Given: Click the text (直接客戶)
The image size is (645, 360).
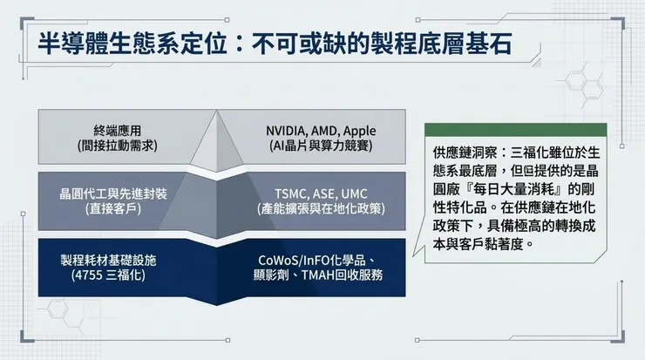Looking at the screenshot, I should pyautogui.click(x=110, y=210).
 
